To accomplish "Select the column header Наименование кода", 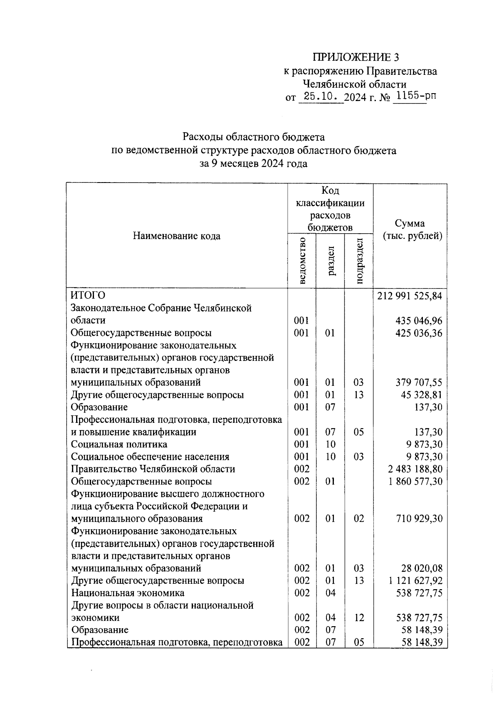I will click(177, 236).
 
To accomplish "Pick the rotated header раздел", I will click(331, 260).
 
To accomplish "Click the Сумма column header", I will click(410, 230).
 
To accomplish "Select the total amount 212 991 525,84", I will click(410, 296).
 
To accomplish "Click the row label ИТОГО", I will click(88, 295).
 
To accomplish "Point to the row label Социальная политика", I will click(119, 444).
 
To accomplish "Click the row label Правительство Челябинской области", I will click(153, 469).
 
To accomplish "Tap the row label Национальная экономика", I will click(128, 592).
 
